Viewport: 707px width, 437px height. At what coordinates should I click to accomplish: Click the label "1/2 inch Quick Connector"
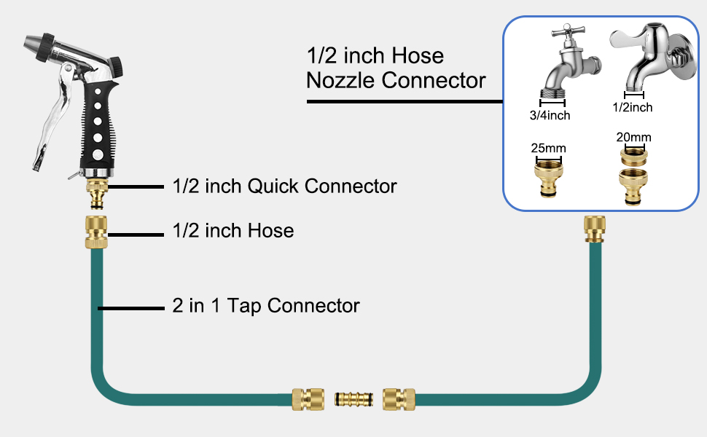click(284, 186)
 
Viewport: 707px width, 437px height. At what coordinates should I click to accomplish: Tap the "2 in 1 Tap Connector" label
click(266, 306)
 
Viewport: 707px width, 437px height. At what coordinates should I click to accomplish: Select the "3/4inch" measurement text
click(550, 115)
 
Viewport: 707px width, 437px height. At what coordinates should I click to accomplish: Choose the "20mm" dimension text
click(633, 137)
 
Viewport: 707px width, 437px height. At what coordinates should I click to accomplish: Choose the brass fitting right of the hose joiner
click(399, 400)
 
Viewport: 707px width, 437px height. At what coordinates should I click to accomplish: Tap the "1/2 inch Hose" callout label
click(233, 231)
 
